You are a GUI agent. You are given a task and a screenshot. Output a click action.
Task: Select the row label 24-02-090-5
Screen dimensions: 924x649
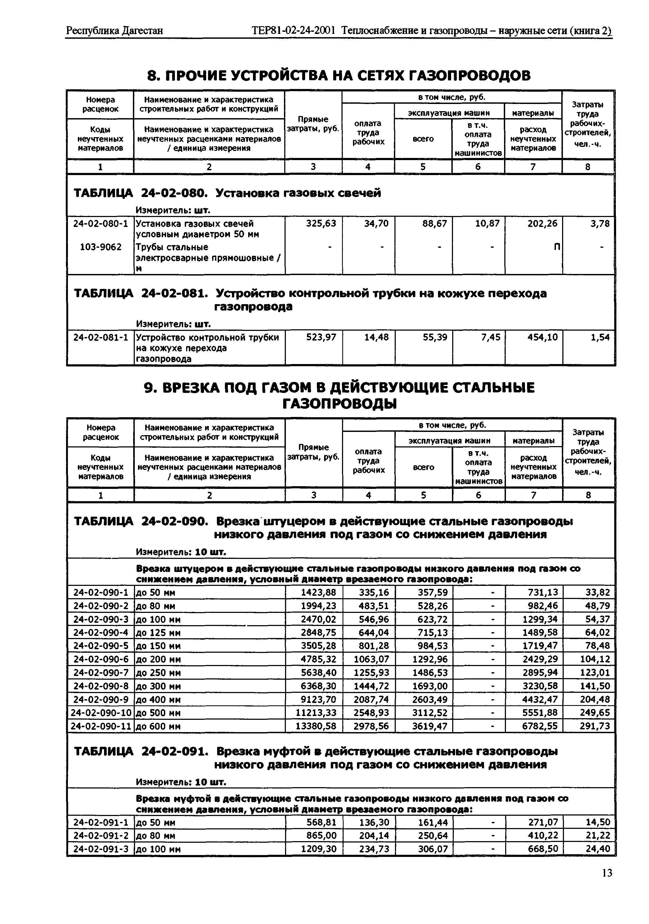click(x=101, y=646)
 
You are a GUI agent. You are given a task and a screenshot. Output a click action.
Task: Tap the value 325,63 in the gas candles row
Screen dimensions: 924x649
click(x=321, y=223)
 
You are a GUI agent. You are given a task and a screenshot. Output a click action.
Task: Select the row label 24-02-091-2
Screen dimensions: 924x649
click(x=101, y=836)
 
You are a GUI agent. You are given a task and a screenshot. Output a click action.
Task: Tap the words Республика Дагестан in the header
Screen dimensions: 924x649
click(x=114, y=30)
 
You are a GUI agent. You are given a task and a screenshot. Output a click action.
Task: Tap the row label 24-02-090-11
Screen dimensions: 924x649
click(x=101, y=726)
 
